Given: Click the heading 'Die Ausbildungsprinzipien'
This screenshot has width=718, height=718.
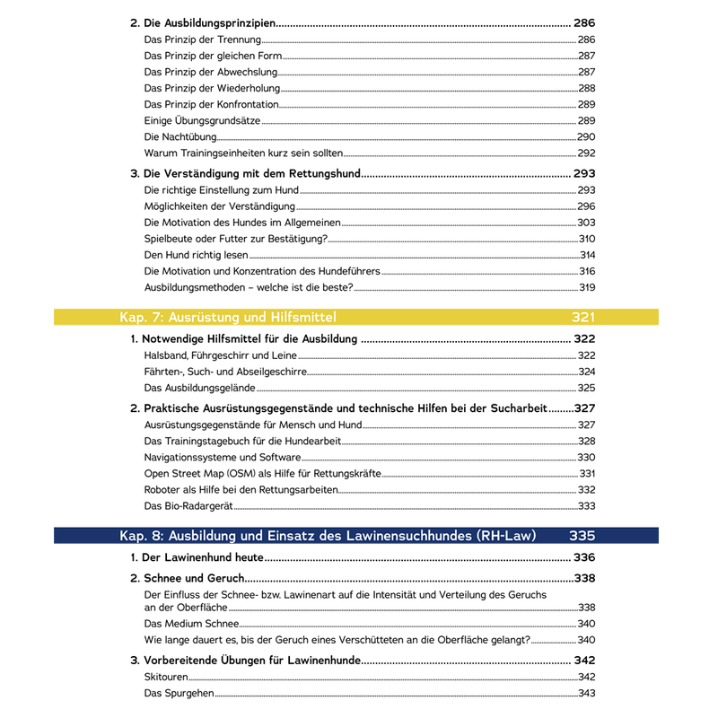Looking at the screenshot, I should (210, 23).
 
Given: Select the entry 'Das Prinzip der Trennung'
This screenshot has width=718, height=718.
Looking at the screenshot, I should (203, 40).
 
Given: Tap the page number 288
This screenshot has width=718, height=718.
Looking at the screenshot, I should (586, 89).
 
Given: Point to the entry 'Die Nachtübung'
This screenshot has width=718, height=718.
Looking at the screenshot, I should (180, 137).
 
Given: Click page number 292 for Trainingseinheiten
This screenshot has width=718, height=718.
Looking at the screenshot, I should (586, 153).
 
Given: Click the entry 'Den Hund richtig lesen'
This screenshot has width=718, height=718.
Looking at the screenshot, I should (196, 255).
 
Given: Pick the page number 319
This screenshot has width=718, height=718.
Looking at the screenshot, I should (586, 287).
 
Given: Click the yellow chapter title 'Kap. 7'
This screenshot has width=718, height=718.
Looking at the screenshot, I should (228, 317).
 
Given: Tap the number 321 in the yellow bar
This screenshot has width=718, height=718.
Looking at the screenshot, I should (582, 317).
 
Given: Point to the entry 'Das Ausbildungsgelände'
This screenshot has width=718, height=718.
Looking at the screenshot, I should (199, 388).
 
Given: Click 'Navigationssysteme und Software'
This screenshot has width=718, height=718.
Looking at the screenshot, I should (222, 457).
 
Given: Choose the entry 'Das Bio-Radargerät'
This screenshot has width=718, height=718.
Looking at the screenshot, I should (189, 505).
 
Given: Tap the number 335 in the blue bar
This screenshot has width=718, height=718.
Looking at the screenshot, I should (582, 536).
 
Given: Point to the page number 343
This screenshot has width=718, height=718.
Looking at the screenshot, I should (586, 693).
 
